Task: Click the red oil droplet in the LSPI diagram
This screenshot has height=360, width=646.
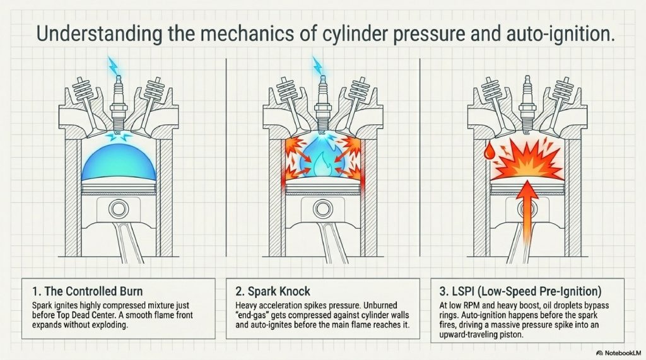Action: coord(489,151)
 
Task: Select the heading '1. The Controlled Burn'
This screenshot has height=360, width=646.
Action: coord(87,291)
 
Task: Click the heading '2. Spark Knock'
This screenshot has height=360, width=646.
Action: coord(273,291)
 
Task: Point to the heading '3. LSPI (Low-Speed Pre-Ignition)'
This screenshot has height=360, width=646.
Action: coord(520,291)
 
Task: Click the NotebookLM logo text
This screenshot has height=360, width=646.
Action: coord(619,353)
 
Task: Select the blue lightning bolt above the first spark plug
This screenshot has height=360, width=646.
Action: coord(112,66)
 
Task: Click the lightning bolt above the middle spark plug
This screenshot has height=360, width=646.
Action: coord(317,66)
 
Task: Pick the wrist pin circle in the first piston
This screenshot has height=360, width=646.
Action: coord(119,209)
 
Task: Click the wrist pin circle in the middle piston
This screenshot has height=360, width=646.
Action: coord(322,209)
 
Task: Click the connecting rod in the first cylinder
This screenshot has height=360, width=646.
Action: coord(127,242)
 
